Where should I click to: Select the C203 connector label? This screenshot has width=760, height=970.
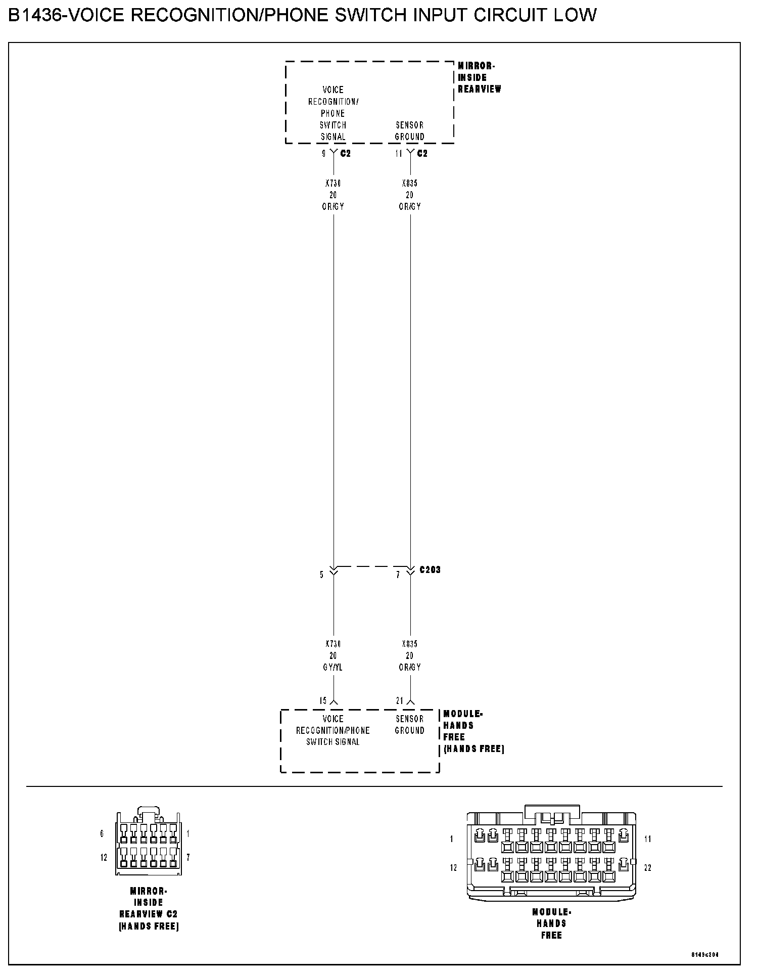(430, 570)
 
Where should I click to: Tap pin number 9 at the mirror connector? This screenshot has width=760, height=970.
(324, 154)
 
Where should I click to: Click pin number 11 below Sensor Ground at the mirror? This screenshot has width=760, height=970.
(399, 154)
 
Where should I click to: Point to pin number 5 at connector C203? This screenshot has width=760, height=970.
(321, 575)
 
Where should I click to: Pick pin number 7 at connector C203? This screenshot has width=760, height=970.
(398, 575)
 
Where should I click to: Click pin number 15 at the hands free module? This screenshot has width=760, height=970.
(323, 701)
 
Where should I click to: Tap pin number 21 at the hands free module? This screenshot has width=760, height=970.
(400, 701)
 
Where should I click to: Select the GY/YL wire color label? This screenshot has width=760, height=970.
(333, 668)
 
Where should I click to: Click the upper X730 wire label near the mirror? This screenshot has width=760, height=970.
(333, 184)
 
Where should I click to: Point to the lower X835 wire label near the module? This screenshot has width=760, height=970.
(410, 644)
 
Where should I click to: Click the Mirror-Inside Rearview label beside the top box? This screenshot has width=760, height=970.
(479, 77)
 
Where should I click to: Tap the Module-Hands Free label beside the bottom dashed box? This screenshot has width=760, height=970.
(473, 731)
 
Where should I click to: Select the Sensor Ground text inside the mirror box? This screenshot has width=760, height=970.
(410, 131)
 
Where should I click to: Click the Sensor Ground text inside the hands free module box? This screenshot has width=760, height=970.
(410, 725)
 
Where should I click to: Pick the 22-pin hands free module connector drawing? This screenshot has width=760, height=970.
(551, 855)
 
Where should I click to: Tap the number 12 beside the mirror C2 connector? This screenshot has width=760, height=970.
(104, 858)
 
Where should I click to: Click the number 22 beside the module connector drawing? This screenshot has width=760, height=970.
(648, 868)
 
